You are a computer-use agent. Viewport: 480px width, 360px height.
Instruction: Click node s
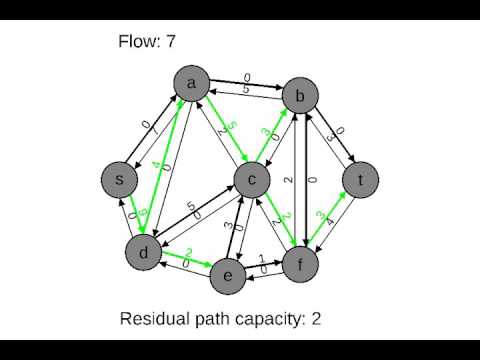[x=120, y=179]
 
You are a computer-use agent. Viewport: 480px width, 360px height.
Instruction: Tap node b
[x=299, y=97]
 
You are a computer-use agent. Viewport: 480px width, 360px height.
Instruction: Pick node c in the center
[x=254, y=179]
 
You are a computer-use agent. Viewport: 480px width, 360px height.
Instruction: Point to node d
[x=144, y=253]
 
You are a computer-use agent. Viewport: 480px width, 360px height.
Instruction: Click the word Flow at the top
[x=138, y=41]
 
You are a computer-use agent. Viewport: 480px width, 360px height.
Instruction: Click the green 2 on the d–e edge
[x=187, y=254]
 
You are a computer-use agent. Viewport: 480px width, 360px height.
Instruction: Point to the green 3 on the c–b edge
[x=266, y=131]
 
